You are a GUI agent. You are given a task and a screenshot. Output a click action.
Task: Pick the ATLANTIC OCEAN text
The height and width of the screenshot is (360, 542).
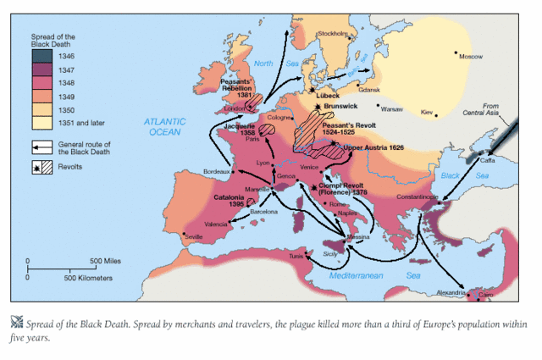coord(162,128)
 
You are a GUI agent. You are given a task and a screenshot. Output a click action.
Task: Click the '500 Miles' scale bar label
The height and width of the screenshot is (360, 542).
coord(109,260)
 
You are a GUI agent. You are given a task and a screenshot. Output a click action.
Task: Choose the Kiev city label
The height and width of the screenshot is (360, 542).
coord(427,112)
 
